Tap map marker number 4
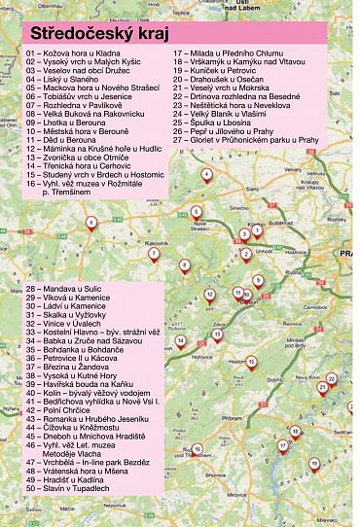pos(206,175)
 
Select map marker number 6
pos(91,223)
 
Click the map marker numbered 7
pos(153,254)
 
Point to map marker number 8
pos(184,264)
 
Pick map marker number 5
pos(196,211)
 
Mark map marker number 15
pos(251,362)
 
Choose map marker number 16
pos(197,450)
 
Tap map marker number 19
pos(314,464)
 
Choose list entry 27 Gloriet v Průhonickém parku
pos(246,139)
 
